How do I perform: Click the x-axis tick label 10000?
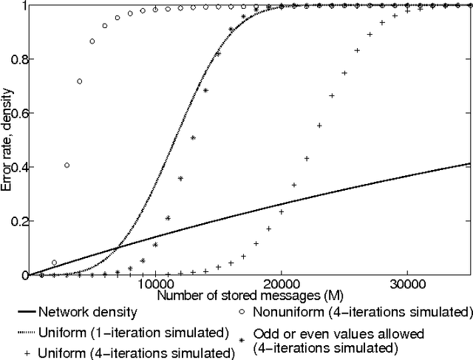[x=155, y=285]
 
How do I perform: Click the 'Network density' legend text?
[x=87, y=311]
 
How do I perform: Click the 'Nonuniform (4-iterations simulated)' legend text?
[x=363, y=311]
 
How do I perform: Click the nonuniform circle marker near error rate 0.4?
[x=67, y=166]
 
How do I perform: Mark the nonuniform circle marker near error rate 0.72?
[x=79, y=81]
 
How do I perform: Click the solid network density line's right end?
[x=470, y=163]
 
